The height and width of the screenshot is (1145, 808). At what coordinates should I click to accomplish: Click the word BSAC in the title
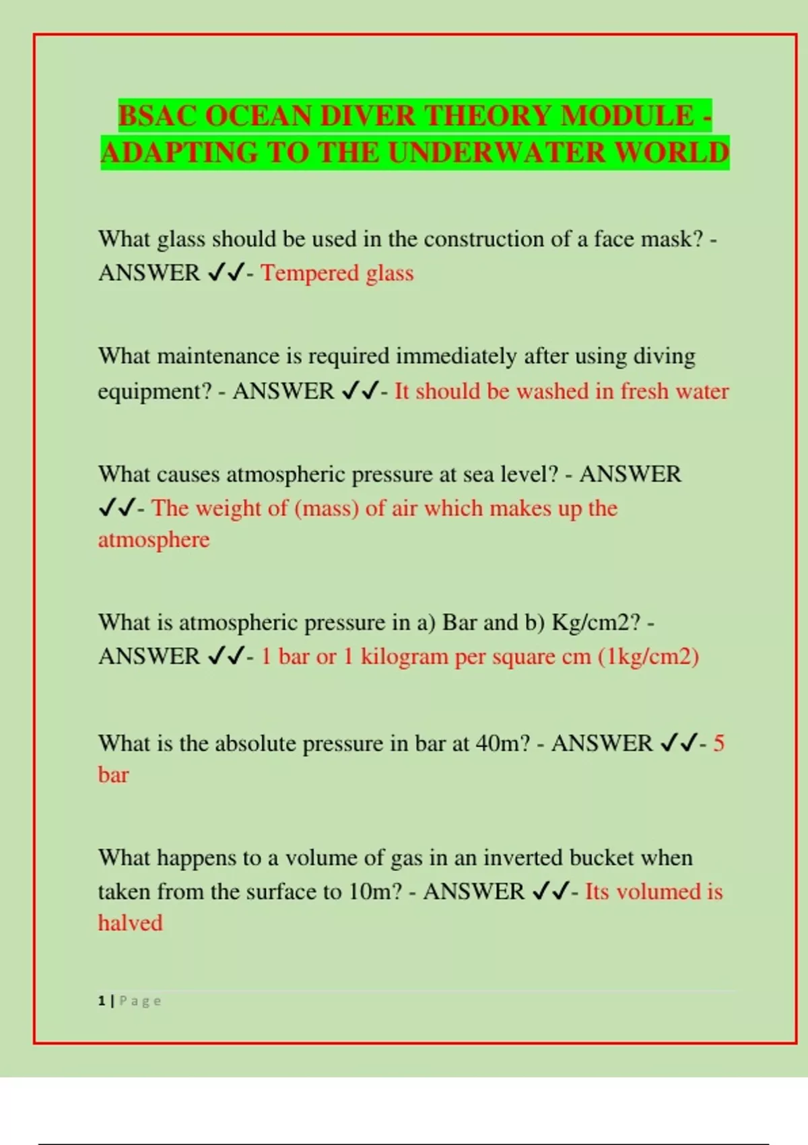click(x=158, y=116)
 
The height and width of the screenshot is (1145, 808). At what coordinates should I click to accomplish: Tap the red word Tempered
click(x=309, y=273)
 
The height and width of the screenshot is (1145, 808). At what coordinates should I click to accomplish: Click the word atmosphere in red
click(x=154, y=539)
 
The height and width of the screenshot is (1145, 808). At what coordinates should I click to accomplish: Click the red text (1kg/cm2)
click(x=648, y=656)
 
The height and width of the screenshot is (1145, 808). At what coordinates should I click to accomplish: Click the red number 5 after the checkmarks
click(x=718, y=744)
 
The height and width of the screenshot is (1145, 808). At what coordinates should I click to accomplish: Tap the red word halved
click(x=130, y=923)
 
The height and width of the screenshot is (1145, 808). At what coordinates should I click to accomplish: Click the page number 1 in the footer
click(x=102, y=1001)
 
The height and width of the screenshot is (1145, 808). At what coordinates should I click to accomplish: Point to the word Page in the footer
click(x=140, y=1001)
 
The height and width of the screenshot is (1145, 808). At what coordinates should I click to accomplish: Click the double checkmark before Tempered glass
click(x=225, y=273)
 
